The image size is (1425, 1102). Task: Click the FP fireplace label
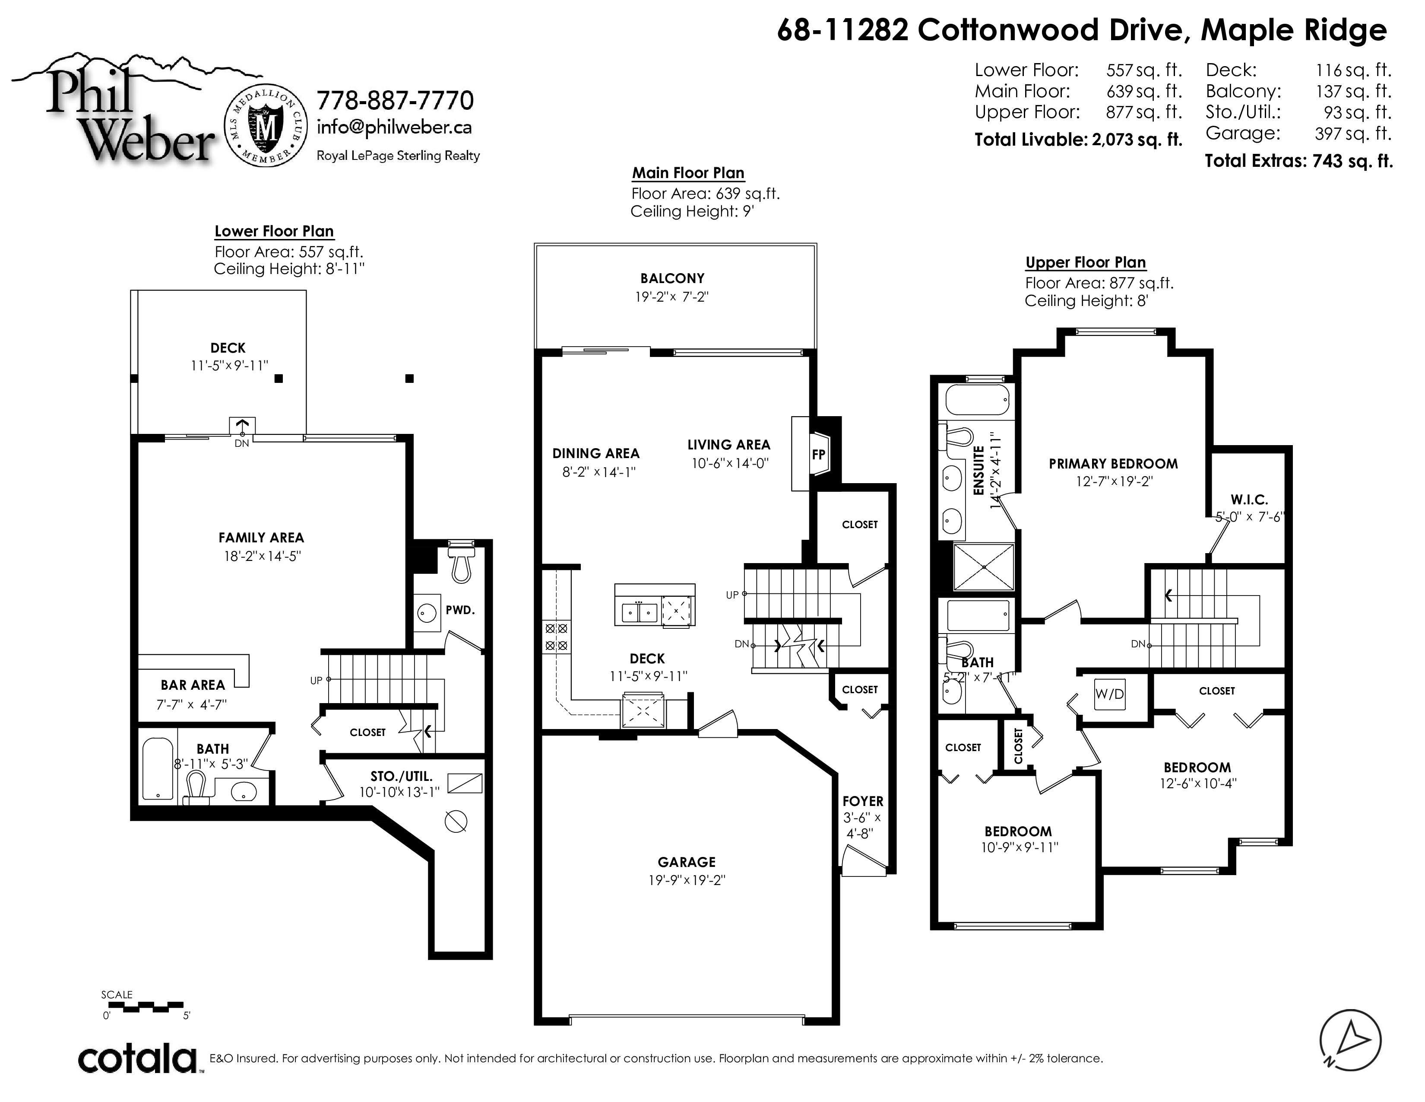(x=818, y=454)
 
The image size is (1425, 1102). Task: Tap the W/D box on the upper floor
(x=1110, y=694)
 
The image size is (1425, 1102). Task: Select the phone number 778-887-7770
(x=395, y=101)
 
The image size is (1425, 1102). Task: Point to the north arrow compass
(x=1350, y=1041)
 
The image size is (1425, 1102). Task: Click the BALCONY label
(x=672, y=278)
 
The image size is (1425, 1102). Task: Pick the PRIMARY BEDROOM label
(x=1113, y=464)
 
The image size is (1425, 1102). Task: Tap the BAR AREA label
(x=193, y=685)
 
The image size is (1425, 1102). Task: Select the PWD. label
(x=460, y=610)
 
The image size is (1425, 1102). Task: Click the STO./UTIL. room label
(x=401, y=776)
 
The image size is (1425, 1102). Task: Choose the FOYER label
(x=863, y=801)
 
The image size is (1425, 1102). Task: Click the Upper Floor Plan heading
(x=1085, y=262)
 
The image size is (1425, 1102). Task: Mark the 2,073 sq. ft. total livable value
(x=1137, y=140)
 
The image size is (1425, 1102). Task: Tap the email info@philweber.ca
(x=394, y=127)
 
